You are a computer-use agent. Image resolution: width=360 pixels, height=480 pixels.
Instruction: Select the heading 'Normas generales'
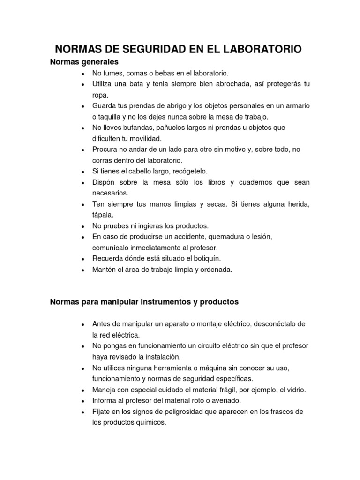(x=84, y=62)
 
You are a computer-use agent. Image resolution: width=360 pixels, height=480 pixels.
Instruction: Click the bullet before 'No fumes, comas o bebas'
(x=83, y=74)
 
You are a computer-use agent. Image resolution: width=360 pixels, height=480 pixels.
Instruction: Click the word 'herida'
(x=298, y=204)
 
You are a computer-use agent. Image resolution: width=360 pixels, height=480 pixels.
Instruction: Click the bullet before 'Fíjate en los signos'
(x=83, y=412)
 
